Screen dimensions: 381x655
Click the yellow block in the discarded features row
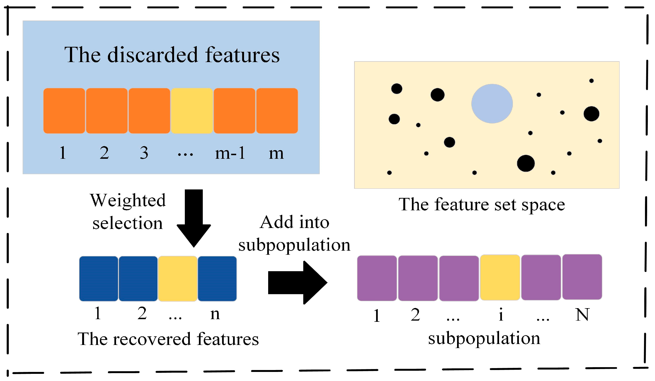(192, 111)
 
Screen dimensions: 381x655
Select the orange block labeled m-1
(234, 111)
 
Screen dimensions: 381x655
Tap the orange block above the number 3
(149, 111)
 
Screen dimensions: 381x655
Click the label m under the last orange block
(276, 153)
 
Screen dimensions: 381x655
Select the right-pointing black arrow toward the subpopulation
(298, 282)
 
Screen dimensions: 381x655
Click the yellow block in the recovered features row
(177, 279)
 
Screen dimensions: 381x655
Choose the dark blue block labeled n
(217, 279)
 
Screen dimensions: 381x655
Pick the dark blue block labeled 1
(99, 279)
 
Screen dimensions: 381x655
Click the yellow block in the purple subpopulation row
(500, 278)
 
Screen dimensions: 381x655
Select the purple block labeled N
(582, 277)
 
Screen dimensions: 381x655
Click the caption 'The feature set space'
(482, 205)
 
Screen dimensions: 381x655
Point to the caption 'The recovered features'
(168, 339)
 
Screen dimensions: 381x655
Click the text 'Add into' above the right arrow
(294, 222)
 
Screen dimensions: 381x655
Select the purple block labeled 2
(418, 278)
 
